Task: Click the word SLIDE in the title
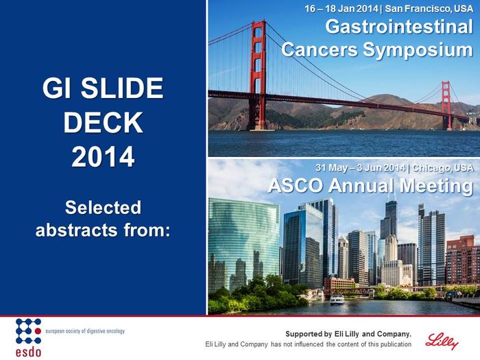[x=122, y=88]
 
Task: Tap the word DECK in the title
[x=103, y=122]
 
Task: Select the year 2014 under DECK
[x=103, y=156]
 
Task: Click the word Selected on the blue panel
[x=103, y=207]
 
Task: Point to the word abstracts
[x=77, y=230]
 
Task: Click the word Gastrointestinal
[x=399, y=26]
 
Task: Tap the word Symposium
[x=418, y=50]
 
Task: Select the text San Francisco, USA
[x=429, y=8]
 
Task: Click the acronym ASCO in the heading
[x=295, y=186]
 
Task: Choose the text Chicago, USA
[x=443, y=168]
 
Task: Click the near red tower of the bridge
[x=258, y=75]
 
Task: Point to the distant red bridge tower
[x=446, y=105]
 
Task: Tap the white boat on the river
[x=337, y=300]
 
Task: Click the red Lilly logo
[x=442, y=341]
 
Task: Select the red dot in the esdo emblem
[x=38, y=331]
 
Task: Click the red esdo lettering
[x=29, y=352]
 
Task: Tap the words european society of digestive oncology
[x=85, y=331]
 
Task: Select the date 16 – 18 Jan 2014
[x=341, y=8]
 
